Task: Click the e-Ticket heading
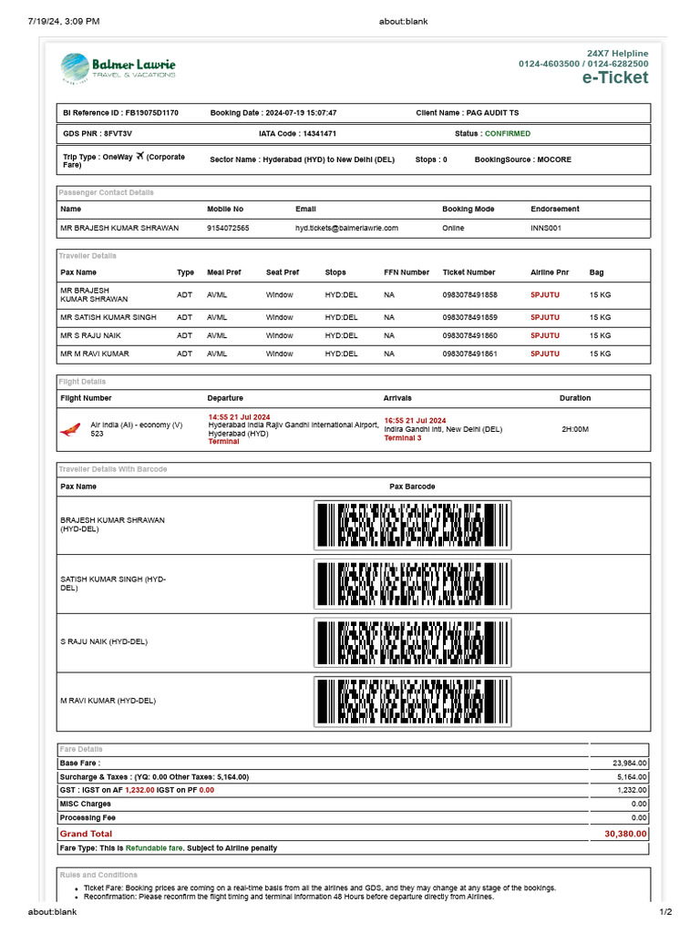point(615,77)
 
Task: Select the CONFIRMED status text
point(509,134)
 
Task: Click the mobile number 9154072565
point(228,228)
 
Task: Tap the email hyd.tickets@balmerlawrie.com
point(346,228)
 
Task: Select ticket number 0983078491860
point(469,335)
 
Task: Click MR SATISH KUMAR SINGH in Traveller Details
point(108,318)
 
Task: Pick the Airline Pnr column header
point(550,272)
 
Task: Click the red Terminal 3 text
point(403,438)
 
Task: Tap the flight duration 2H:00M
point(575,429)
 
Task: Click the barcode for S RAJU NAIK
point(412,642)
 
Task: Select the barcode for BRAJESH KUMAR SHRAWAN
point(412,526)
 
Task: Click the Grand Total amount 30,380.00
point(625,834)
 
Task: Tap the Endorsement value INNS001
point(546,228)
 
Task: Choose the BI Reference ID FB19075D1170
point(151,113)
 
